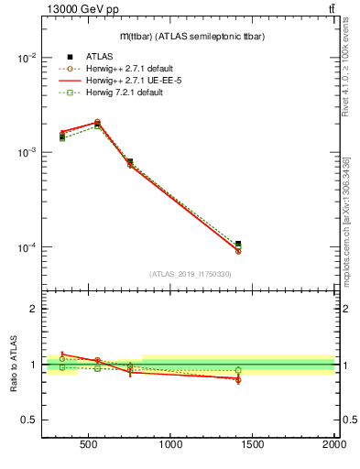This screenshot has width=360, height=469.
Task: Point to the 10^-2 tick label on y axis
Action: click(27, 57)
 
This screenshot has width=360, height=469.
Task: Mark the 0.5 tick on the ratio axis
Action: click(29, 420)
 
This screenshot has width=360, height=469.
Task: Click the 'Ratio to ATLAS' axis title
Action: click(14, 364)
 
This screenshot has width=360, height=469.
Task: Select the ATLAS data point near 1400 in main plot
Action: click(238, 245)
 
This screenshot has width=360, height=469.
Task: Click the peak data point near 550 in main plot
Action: click(97, 122)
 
